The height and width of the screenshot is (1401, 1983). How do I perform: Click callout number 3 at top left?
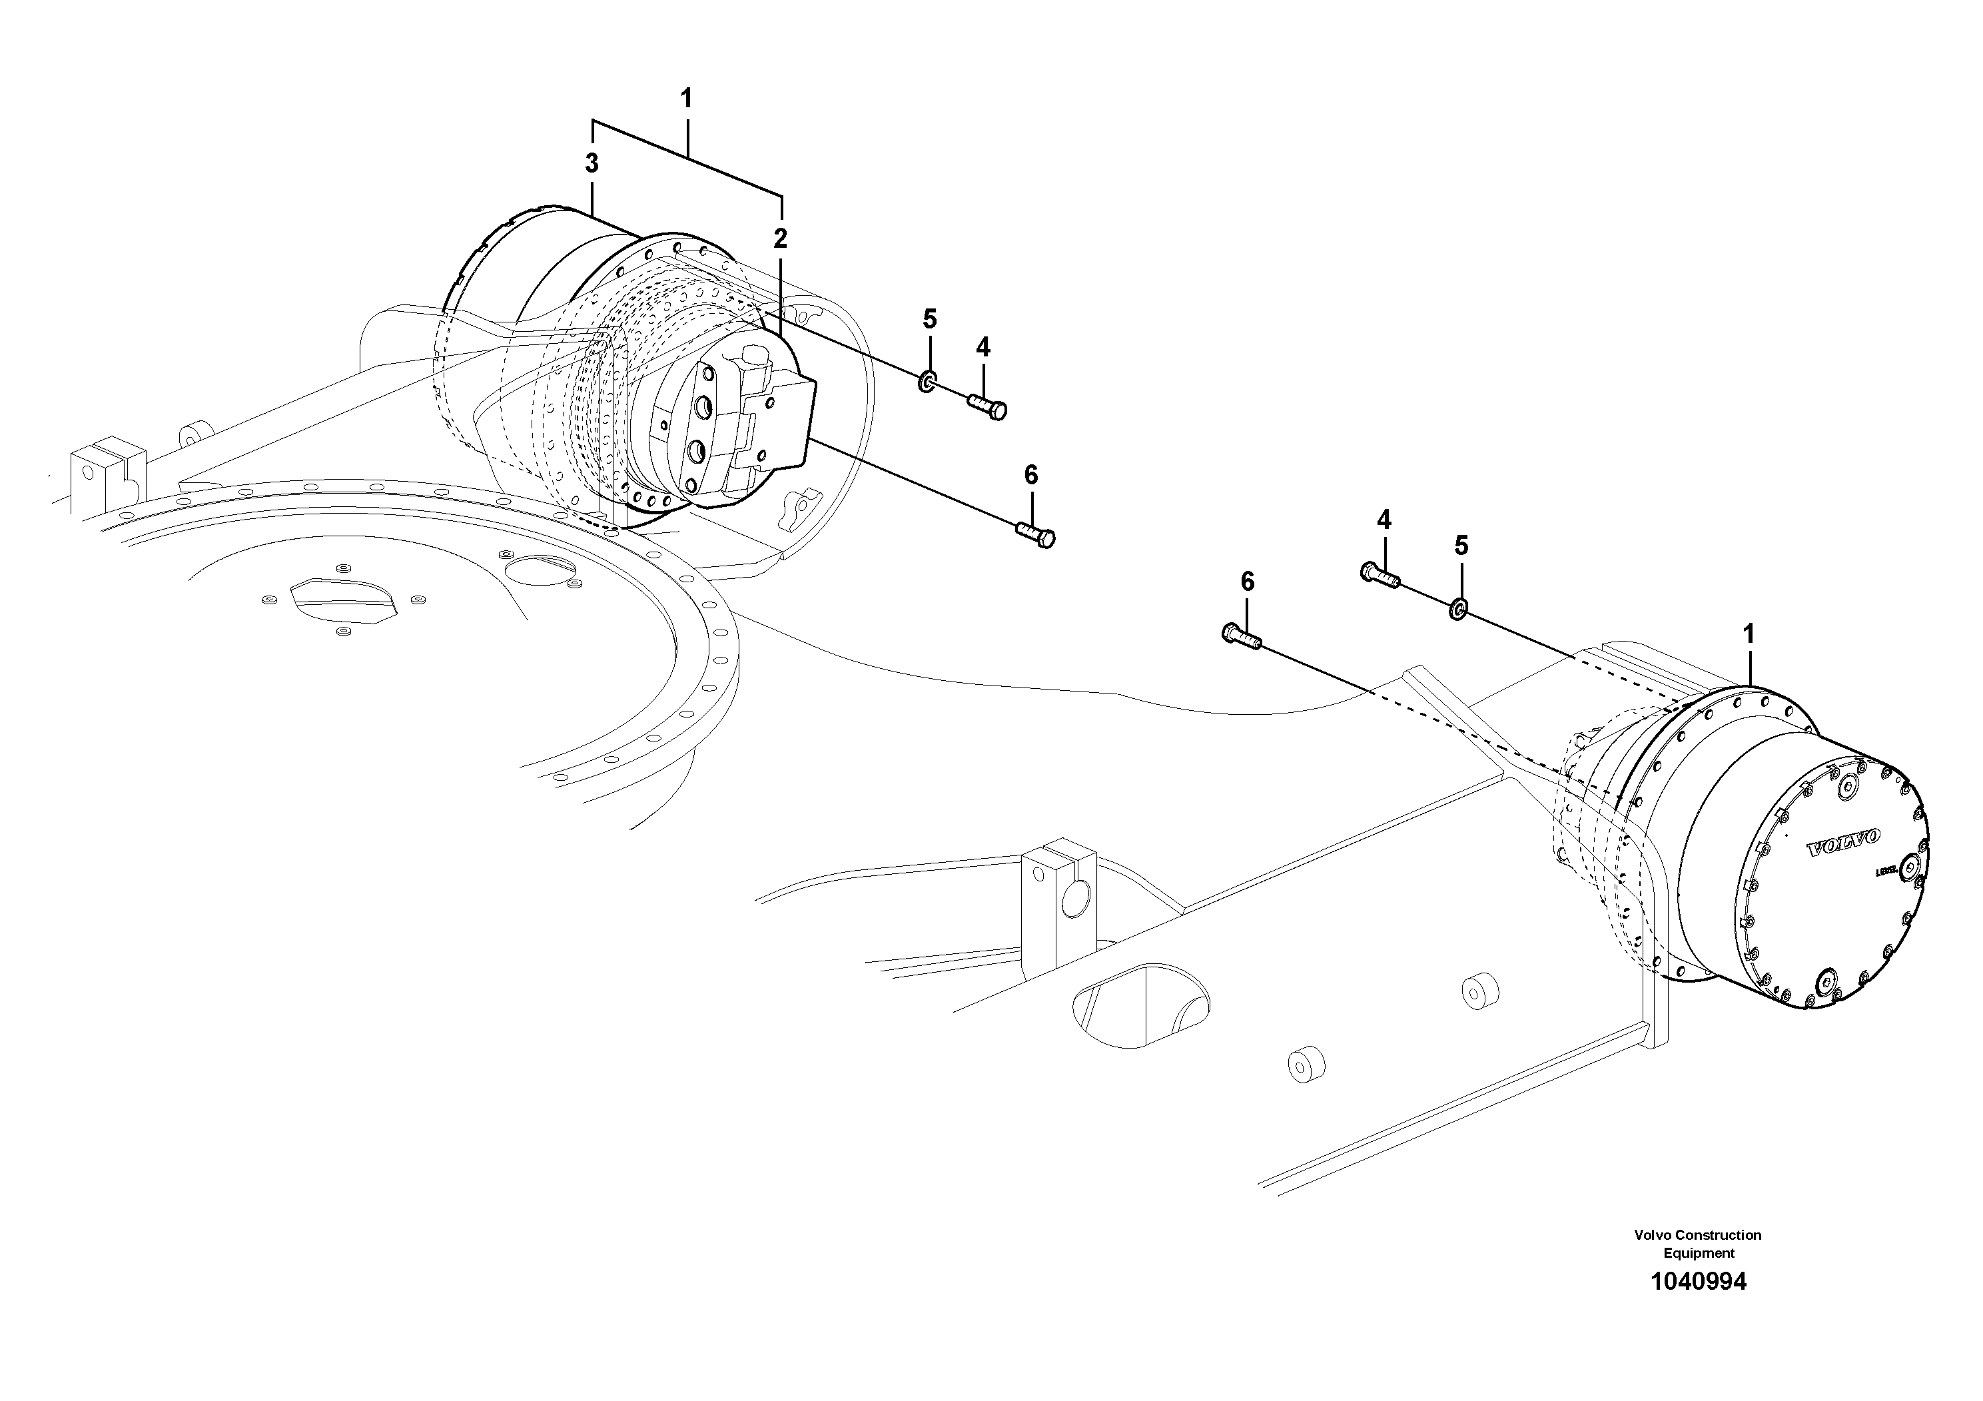[x=592, y=163]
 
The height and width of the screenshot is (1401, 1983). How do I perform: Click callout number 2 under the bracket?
[x=781, y=238]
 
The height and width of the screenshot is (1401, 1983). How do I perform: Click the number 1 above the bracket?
[x=687, y=99]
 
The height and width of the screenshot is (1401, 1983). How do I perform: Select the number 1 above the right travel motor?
[x=1749, y=634]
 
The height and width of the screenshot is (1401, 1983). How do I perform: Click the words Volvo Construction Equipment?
[x=1697, y=1244]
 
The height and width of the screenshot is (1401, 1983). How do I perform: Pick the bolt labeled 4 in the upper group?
[x=987, y=405]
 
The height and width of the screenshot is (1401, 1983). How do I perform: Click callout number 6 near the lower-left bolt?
[x=1247, y=582]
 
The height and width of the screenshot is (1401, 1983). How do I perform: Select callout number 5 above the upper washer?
[x=929, y=318]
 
